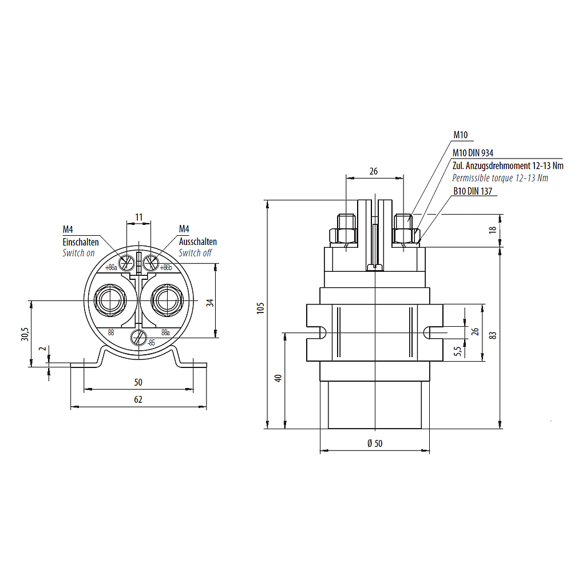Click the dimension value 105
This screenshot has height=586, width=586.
coord(260,309)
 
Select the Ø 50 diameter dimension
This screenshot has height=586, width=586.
coord(374,444)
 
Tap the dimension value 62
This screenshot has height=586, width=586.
coord(138,399)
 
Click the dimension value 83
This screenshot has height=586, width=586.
coord(493,335)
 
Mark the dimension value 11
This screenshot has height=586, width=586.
coord(138,217)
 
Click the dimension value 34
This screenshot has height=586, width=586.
coord(210,302)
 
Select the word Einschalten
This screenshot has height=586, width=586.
coord(81,242)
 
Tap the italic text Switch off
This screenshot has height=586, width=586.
coord(195,252)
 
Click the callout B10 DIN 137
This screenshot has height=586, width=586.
coord(473,192)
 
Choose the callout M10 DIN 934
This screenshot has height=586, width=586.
coord(473,153)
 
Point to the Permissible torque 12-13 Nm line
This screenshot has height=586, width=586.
coord(500,178)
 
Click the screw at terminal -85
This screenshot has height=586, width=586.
coord(138,338)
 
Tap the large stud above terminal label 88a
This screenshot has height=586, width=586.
coord(166,299)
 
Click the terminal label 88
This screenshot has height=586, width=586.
coord(111,332)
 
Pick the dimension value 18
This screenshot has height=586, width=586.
coord(493,230)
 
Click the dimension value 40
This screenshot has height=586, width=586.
coord(278,378)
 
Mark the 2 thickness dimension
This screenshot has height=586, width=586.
coord(41,349)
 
